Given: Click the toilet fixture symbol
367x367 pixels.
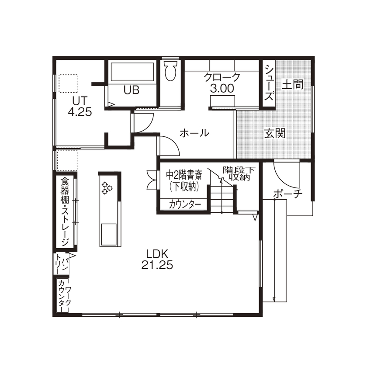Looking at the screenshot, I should [171, 71].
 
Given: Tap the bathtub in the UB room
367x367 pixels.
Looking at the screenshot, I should [132, 72].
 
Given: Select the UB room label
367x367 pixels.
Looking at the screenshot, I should [131, 90].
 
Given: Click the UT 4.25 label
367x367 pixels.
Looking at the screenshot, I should [80, 106].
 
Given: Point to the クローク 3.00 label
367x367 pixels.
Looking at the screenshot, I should [222, 83].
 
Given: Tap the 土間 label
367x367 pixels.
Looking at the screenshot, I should [292, 84].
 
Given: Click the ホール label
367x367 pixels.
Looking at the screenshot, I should [195, 133].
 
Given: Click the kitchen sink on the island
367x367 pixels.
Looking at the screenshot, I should [108, 235].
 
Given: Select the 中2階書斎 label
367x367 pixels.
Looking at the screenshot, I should [184, 180].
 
